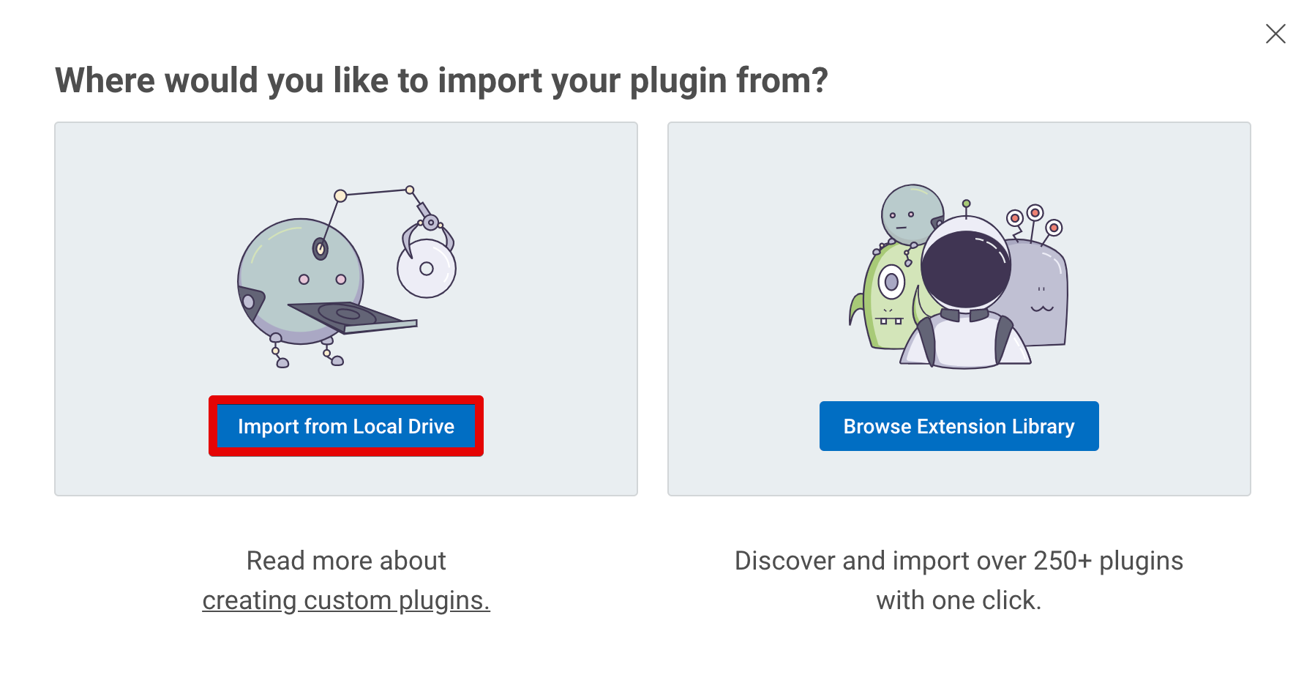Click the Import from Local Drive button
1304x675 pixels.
click(346, 426)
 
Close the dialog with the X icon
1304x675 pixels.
click(1275, 34)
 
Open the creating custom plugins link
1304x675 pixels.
click(346, 600)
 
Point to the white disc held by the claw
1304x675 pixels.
click(427, 268)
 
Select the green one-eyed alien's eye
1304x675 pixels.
click(891, 282)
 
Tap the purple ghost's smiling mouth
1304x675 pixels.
click(1042, 308)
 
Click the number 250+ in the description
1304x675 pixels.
click(1063, 561)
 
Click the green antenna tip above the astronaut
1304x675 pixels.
click(967, 204)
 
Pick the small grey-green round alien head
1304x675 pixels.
click(912, 214)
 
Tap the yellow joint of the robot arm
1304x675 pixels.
click(340, 195)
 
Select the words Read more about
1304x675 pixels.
click(346, 561)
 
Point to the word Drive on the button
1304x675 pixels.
click(432, 426)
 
